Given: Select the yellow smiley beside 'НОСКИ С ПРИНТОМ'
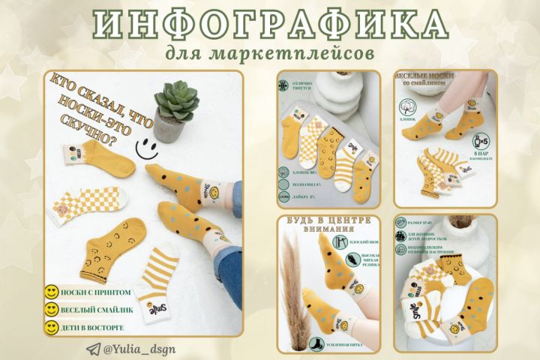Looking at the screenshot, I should (52, 292).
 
